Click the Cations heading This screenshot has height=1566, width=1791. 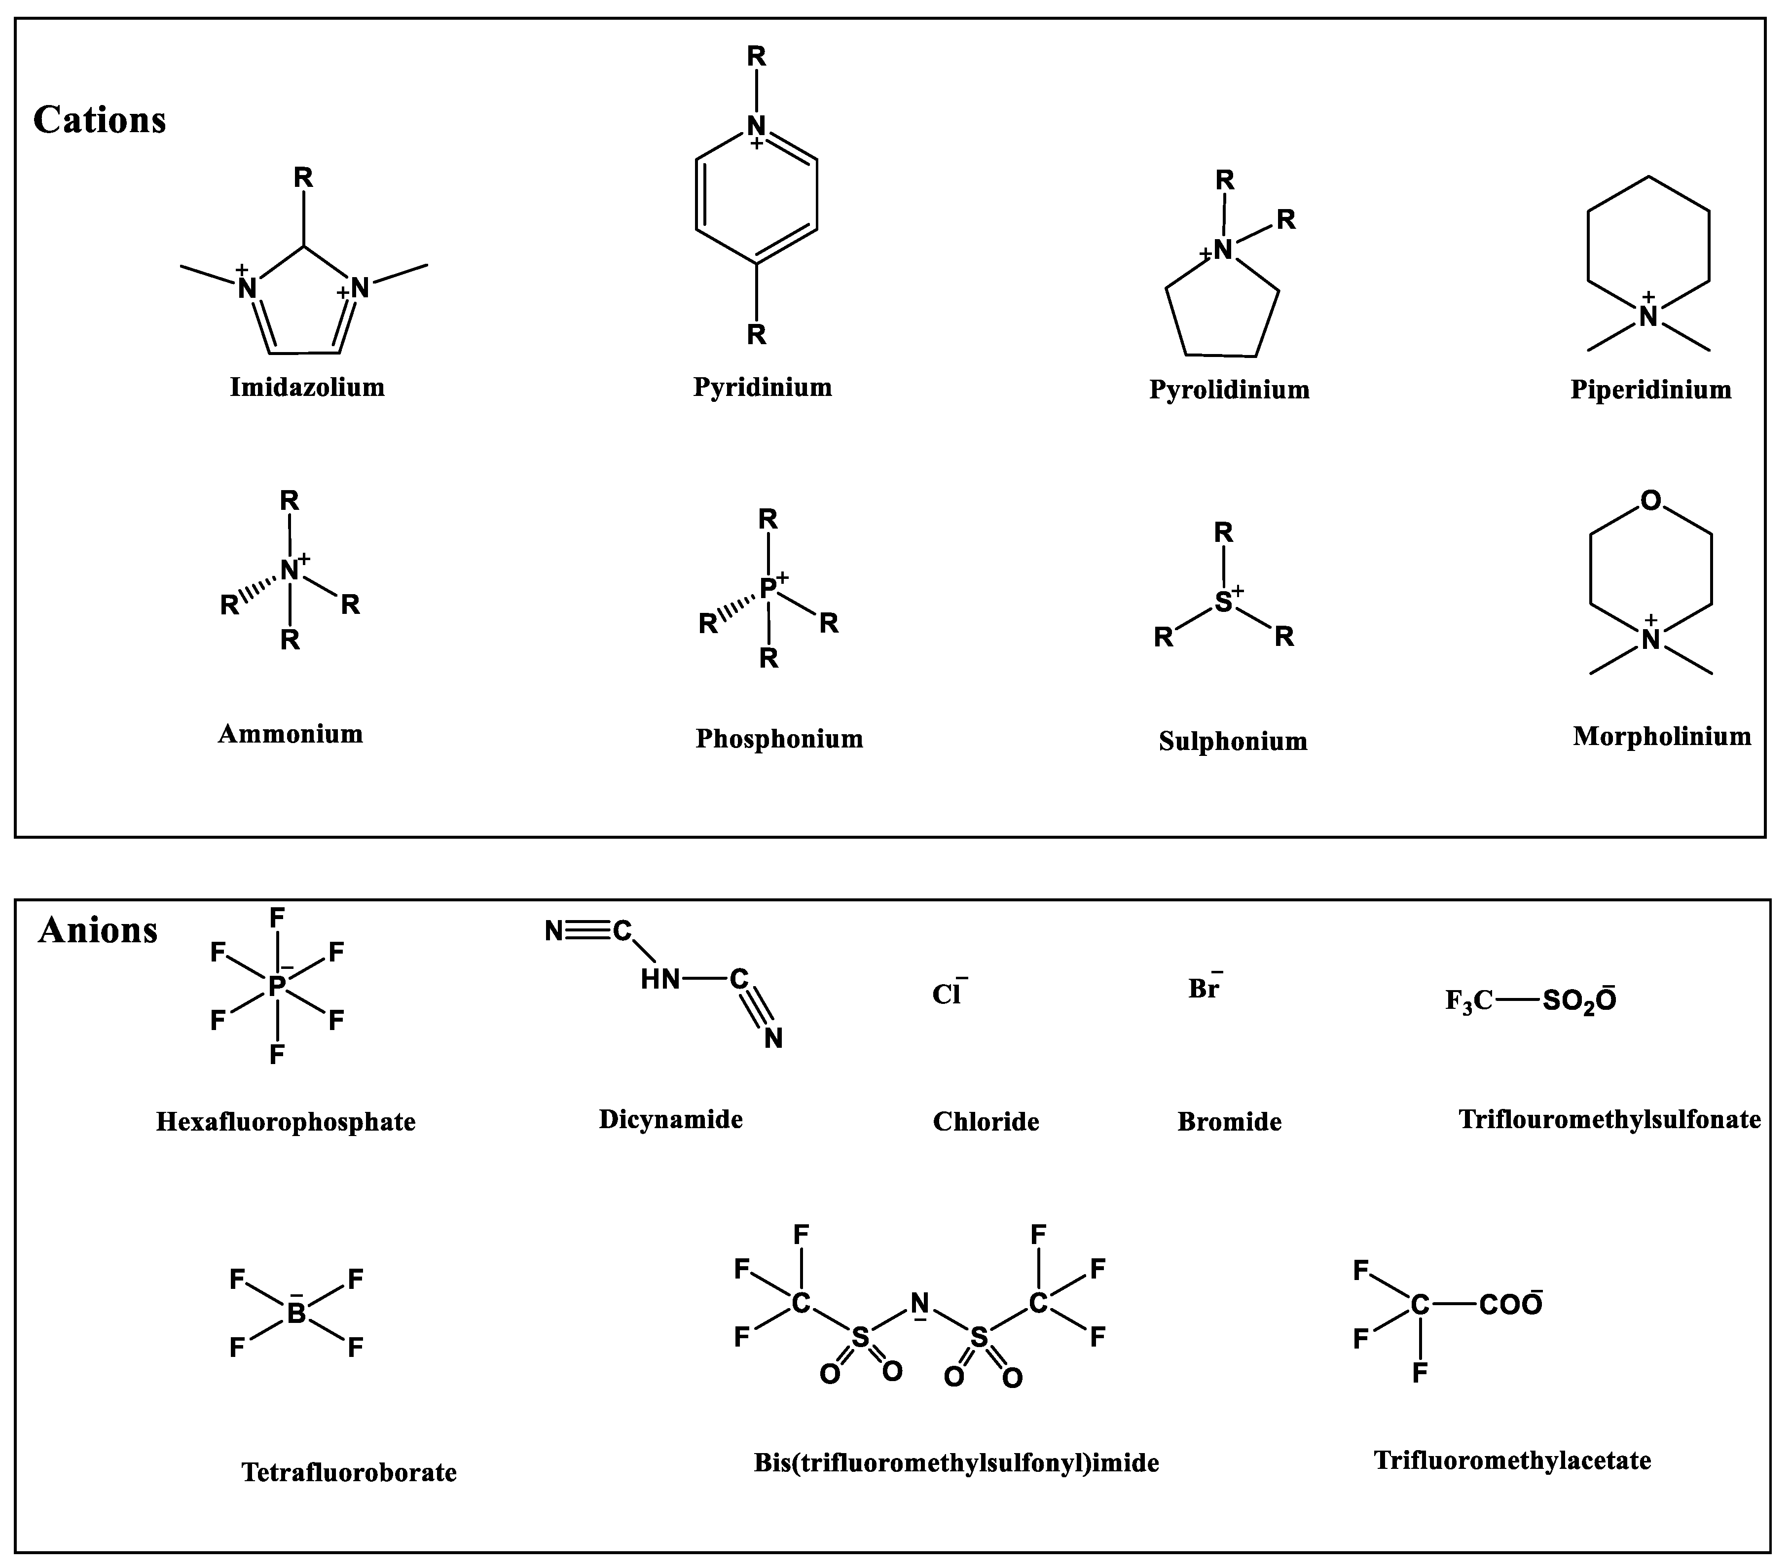pos(100,120)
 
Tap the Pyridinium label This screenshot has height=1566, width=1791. pos(762,387)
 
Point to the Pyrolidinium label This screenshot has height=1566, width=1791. pos(1229,390)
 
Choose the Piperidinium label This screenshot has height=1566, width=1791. pos(1650,390)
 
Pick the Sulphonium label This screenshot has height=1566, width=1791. pos(1233,741)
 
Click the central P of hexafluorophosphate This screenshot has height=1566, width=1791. pos(276,987)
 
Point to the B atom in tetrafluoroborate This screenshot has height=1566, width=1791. pos(296,1314)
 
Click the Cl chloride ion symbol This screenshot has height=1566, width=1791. pos(946,995)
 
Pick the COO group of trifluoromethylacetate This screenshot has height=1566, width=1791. pos(1509,1305)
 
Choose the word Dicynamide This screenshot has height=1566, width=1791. pos(670,1119)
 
